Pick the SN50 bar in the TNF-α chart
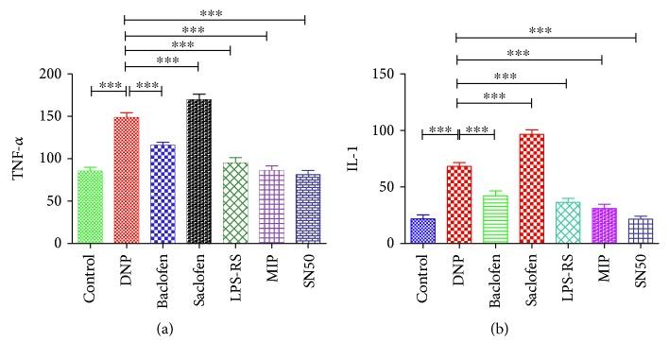coord(305,208)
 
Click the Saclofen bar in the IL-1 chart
coord(531,188)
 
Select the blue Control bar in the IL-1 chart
coord(422,230)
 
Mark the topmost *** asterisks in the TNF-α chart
coord(215,12)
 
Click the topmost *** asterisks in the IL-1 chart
coord(545,31)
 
